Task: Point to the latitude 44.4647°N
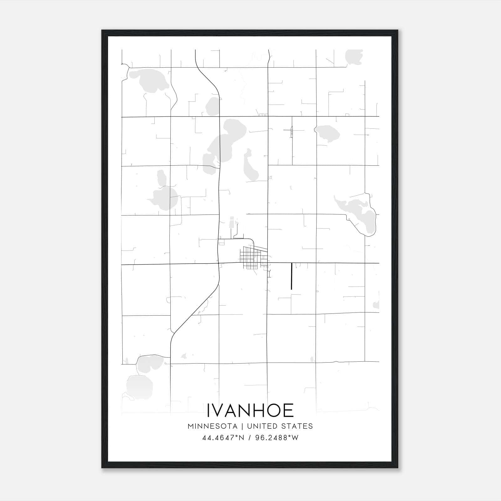(x=223, y=438)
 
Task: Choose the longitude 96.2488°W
(x=277, y=438)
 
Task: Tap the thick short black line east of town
(x=292, y=276)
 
